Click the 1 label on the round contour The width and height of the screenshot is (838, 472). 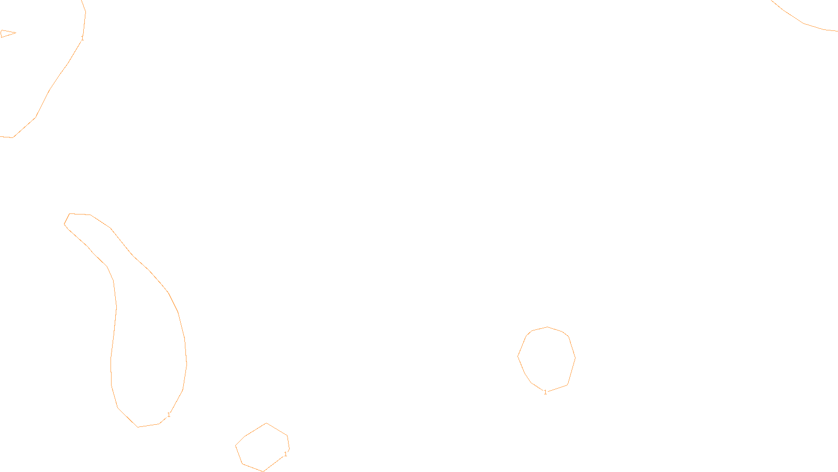click(545, 392)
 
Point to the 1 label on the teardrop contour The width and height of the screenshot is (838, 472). click(169, 415)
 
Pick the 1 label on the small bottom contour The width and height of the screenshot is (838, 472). click(285, 454)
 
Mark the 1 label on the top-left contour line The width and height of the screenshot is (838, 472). click(82, 38)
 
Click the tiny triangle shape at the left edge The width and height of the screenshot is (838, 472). click(6, 34)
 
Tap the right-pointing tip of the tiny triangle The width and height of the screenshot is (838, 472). click(16, 33)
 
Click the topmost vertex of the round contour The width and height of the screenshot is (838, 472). click(548, 327)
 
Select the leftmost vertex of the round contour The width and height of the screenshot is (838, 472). click(518, 356)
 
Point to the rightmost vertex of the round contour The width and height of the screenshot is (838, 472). click(575, 358)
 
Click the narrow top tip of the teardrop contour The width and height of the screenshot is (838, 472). click(70, 214)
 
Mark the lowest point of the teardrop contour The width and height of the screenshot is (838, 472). click(138, 427)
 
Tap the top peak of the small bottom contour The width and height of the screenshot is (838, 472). click(267, 423)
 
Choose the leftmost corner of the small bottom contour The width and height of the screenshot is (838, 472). click(236, 446)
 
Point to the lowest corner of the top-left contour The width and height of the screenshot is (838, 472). click(13, 137)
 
